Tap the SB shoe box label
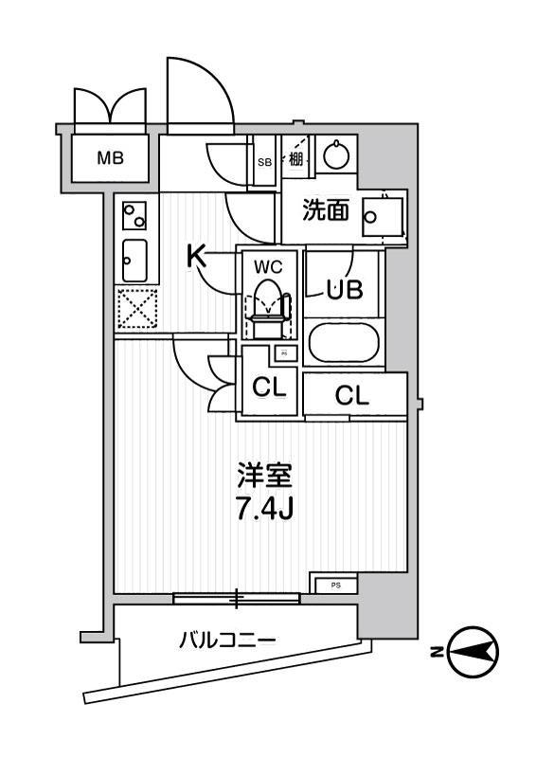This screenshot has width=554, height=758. pyautogui.click(x=265, y=161)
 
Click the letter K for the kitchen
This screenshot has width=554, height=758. pyautogui.click(x=195, y=256)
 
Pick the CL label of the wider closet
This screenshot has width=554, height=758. pyautogui.click(x=351, y=396)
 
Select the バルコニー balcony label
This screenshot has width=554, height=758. pyautogui.click(x=228, y=641)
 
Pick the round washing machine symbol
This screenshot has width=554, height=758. pyautogui.click(x=333, y=154)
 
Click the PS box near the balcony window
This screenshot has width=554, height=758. pyautogui.click(x=334, y=585)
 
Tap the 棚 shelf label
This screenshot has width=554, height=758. pyautogui.click(x=296, y=159)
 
